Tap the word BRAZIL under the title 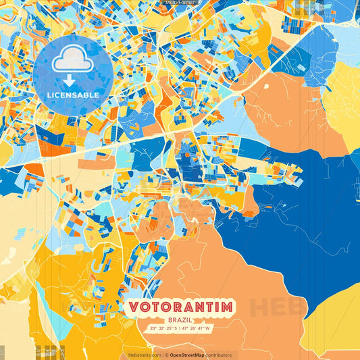(x=180, y=319)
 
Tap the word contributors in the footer (x=219, y=355)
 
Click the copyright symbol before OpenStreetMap (x=165, y=355)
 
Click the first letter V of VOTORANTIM (x=133, y=307)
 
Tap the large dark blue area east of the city (x=297, y=203)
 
